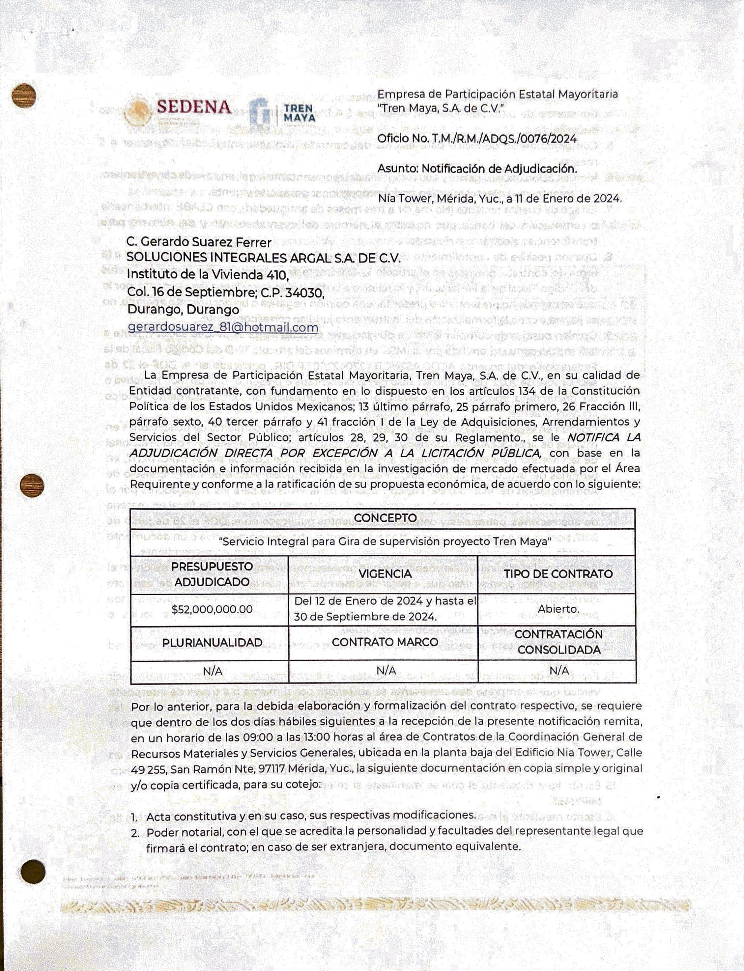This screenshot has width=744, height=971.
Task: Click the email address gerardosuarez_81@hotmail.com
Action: point(223,327)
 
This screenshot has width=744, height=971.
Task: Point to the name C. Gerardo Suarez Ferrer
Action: point(199,242)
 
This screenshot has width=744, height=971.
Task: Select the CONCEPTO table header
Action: point(385,518)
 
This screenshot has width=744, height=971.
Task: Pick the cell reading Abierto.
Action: point(558,609)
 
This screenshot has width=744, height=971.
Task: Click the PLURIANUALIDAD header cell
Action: point(212,643)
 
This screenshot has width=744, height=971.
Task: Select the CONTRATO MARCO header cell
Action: point(385,642)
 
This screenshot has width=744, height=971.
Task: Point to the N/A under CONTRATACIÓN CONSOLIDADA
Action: point(558,671)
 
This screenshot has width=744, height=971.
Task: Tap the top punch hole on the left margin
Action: point(24,96)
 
